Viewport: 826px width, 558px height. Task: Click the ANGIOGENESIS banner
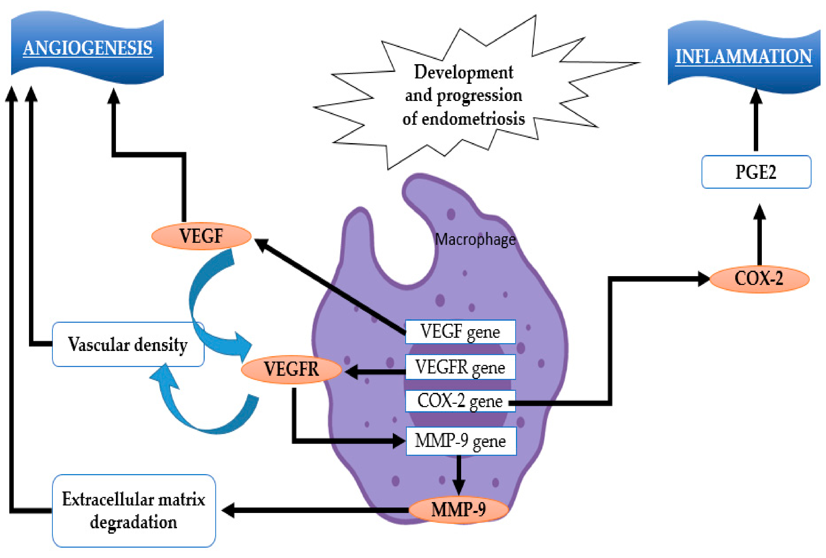coord(87,48)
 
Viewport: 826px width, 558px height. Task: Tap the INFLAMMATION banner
coord(744,57)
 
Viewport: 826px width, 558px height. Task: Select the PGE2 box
coord(756,172)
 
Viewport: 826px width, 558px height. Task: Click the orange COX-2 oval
coord(759,279)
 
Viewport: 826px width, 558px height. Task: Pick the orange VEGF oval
coord(202,236)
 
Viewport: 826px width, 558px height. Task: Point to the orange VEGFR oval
coord(291,369)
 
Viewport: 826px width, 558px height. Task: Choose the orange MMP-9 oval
coord(459,510)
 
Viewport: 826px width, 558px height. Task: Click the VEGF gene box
coord(460,332)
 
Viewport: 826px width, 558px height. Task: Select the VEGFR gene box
coord(460,367)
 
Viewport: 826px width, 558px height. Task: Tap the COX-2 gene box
coord(460,401)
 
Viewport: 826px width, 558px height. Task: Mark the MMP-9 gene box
coord(461,441)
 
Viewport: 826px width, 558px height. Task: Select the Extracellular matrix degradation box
coord(134,511)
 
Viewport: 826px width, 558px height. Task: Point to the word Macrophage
coord(475,239)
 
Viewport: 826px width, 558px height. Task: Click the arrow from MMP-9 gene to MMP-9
coord(459,475)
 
